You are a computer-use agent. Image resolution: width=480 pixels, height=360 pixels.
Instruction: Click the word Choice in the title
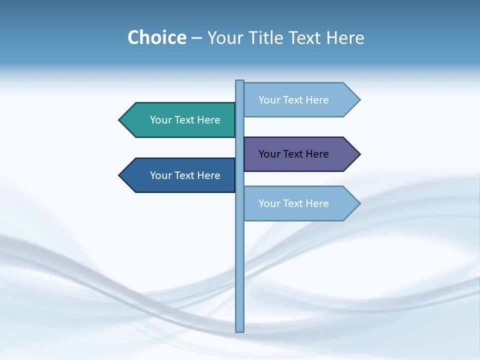click(x=156, y=38)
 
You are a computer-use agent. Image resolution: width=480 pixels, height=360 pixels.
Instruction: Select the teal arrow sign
click(x=180, y=120)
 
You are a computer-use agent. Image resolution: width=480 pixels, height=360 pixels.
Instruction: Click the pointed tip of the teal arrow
click(x=120, y=120)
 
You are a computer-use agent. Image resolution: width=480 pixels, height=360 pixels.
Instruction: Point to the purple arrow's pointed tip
click(x=359, y=154)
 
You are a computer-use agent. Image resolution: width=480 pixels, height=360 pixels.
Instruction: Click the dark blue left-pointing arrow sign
click(x=180, y=175)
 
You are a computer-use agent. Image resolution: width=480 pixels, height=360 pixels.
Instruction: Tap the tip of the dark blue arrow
click(x=120, y=175)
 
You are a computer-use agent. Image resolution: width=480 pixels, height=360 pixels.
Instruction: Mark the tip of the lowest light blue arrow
click(x=359, y=203)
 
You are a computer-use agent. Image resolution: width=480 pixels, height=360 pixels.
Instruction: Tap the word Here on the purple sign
click(x=316, y=154)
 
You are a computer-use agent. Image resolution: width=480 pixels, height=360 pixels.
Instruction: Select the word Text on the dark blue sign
click(x=185, y=175)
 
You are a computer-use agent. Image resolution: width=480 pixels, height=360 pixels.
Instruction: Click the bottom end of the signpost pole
click(x=240, y=330)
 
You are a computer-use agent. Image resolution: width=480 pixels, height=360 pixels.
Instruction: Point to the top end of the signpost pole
click(x=240, y=81)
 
